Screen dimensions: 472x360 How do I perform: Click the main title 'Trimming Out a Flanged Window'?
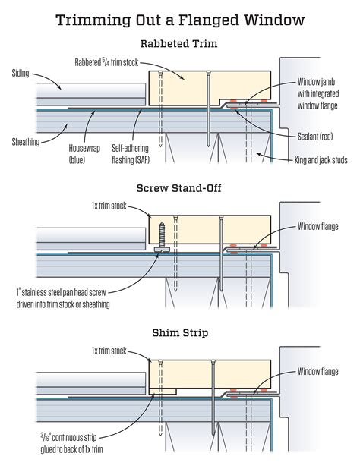180,19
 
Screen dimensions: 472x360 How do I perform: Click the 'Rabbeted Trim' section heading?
179,43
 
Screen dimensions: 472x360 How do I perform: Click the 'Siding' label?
22,74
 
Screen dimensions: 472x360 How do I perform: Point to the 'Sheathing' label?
27,141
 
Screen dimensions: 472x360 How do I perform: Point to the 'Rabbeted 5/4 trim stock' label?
107,61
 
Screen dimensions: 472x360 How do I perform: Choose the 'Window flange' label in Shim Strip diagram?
317,371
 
